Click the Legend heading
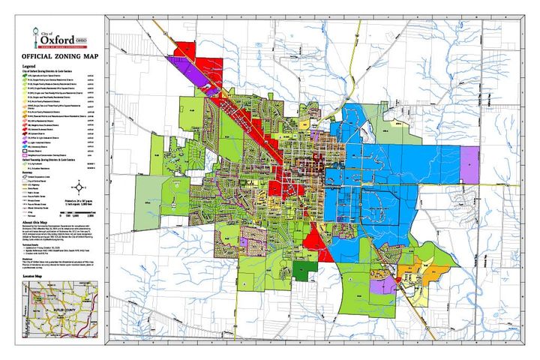click(29, 66)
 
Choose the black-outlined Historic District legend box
click(26, 149)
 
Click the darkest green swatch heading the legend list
click(26, 76)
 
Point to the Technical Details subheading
click(32, 244)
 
